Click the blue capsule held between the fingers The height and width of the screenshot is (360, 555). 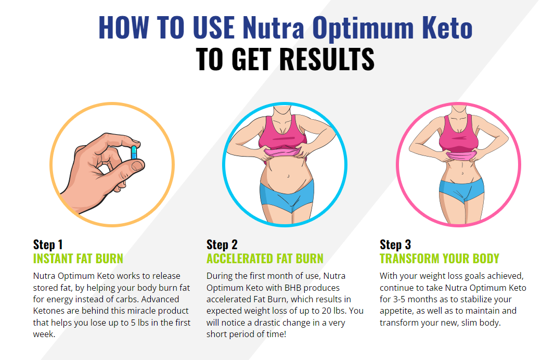coord(134,152)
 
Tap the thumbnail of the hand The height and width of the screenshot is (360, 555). coord(137,166)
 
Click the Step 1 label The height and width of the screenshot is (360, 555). coord(48,245)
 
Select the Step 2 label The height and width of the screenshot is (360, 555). coord(222,245)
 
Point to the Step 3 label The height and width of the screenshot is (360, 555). coord(395,245)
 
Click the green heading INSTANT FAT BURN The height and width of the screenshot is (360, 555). coord(78,259)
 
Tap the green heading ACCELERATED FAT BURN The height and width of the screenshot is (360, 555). coord(265,259)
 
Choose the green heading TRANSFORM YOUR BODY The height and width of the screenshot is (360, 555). coord(439,259)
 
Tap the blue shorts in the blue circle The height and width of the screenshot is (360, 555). coord(287,196)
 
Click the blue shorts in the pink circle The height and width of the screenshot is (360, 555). coord(461,190)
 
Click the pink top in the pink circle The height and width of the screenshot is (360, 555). coord(458,135)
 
